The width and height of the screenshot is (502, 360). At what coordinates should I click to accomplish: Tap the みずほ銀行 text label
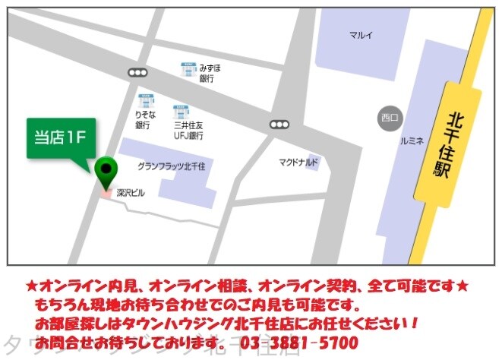pos(210,73)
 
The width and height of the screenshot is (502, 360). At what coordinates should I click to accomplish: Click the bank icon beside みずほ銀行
pos(188,70)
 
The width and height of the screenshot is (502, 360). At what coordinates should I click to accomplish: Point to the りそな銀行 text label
pos(144,120)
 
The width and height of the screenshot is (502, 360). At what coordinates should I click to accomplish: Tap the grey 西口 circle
pos(390,117)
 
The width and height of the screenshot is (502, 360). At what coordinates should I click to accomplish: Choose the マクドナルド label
pos(298,163)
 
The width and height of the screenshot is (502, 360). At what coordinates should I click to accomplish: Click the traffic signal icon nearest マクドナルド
pos(279,124)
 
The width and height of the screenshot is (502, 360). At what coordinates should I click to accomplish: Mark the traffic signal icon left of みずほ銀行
pos(137,73)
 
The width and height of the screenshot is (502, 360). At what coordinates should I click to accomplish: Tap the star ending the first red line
pos(463,286)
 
